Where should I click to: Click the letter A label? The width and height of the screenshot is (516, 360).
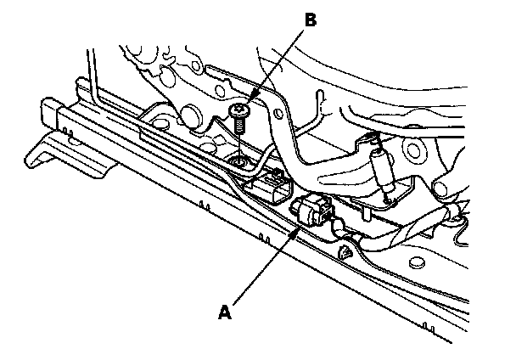(224, 312)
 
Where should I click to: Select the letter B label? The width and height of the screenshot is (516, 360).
(310, 21)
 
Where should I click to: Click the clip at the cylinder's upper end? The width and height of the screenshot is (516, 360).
(368, 143)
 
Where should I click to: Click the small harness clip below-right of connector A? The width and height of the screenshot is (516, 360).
(345, 252)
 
